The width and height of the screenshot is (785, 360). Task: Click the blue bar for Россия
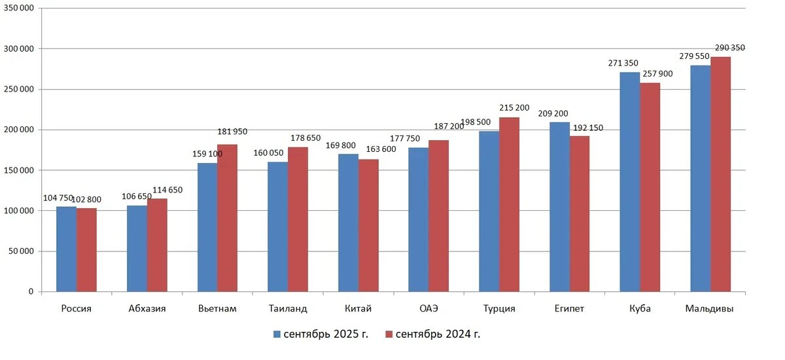[x=66, y=249]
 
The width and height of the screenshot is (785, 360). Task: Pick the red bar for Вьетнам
[x=227, y=218]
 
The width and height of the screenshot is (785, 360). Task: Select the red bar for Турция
[x=509, y=204]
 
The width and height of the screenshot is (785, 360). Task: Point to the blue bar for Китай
[x=348, y=223]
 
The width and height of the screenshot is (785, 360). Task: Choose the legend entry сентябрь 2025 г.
[x=321, y=334]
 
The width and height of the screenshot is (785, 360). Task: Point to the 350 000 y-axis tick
[x=21, y=9]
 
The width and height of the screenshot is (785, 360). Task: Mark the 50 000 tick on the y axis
[x=23, y=251]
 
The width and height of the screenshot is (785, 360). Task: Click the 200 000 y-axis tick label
[x=21, y=130]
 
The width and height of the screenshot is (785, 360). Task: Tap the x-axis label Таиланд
[x=288, y=309]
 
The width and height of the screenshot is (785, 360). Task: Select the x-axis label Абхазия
[x=147, y=309]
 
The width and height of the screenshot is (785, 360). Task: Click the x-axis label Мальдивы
[x=710, y=309]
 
